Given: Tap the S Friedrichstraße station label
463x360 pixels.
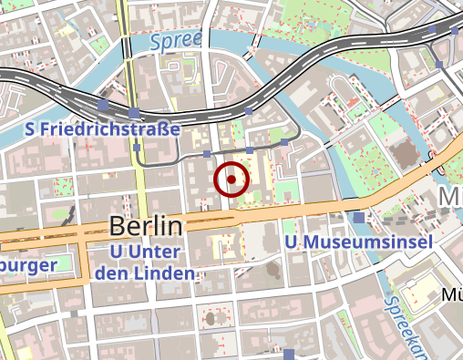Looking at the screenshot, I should (103, 131).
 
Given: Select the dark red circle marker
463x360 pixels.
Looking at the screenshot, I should (231, 180).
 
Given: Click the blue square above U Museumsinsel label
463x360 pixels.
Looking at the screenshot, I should (360, 218).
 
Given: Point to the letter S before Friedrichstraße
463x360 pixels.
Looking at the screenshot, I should (32, 131).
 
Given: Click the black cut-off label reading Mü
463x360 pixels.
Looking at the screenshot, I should (451, 294).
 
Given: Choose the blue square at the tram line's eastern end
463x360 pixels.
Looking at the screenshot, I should (284, 143).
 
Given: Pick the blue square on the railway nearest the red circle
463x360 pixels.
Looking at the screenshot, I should (250, 111).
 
